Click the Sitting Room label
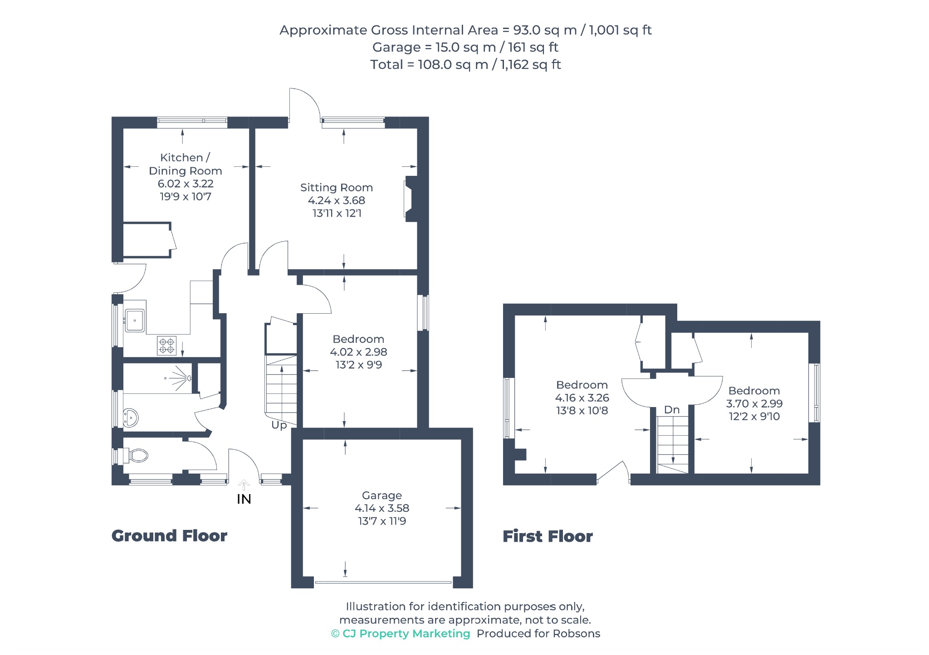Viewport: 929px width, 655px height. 337,188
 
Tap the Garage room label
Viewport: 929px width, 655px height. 382,495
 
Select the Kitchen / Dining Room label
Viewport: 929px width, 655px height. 186,164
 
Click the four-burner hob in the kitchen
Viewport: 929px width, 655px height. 166,345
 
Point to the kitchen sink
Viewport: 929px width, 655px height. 135,320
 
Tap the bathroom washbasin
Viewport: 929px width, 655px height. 131,417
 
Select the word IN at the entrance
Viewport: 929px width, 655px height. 244,499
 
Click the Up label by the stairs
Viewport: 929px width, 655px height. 279,425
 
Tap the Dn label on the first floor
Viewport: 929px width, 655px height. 672,410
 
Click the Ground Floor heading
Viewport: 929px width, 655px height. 169,536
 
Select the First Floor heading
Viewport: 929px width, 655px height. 548,536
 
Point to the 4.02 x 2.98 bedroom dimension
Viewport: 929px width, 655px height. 358,352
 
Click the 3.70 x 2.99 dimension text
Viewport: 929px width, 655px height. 754,403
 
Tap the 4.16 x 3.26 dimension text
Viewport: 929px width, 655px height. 582,398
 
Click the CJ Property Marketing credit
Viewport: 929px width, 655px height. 401,634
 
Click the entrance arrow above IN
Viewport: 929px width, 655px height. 244,485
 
